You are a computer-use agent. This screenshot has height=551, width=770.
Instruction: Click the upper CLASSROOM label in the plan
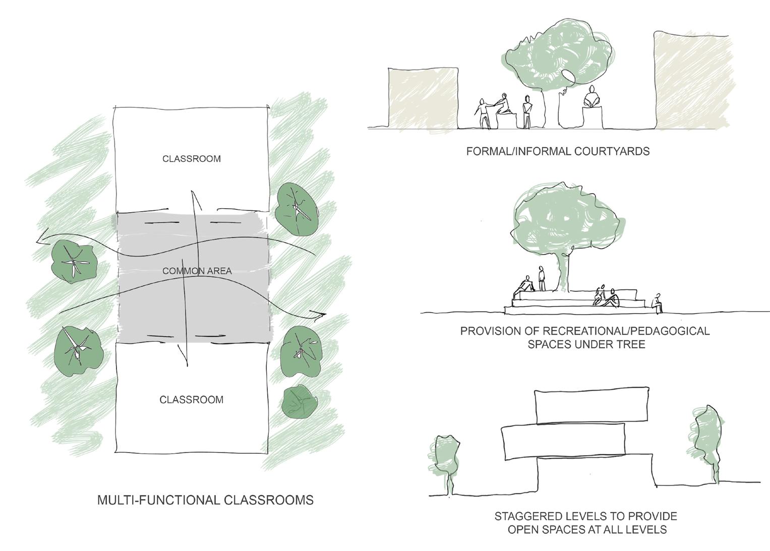point(191,159)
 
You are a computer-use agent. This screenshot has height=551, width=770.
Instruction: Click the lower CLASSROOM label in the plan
point(191,400)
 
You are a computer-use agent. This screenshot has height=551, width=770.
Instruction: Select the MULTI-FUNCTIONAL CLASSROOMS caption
point(205,500)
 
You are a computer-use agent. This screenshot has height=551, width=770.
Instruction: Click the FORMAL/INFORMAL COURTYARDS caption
point(558,151)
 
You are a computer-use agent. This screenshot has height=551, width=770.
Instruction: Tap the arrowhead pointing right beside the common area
point(321,316)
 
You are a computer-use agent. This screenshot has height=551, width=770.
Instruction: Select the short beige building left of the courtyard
point(423,97)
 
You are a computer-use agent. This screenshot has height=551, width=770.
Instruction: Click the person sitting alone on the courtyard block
point(592,98)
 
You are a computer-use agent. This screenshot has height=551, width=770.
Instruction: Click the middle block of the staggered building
point(563,441)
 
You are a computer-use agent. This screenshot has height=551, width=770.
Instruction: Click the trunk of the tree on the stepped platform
point(565,272)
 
